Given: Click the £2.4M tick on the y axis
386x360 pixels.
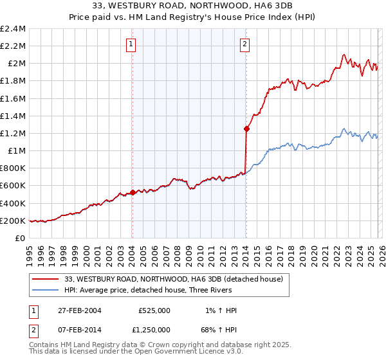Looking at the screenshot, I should (x=13, y=29).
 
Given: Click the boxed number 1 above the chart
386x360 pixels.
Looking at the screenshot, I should (x=131, y=44).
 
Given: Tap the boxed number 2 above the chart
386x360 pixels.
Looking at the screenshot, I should (x=245, y=44).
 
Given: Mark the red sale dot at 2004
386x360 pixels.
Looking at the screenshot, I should (x=133, y=192).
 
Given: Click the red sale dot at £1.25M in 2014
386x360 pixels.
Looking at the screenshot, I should (x=246, y=129).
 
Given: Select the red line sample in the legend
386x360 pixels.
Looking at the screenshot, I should (x=46, y=279).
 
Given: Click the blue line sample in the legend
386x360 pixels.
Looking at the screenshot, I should (x=46, y=290).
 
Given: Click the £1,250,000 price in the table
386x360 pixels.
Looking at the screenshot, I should (x=154, y=330).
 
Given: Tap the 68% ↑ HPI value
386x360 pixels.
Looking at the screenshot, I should (x=218, y=330).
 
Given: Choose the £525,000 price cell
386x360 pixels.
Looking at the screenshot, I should (x=154, y=310).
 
